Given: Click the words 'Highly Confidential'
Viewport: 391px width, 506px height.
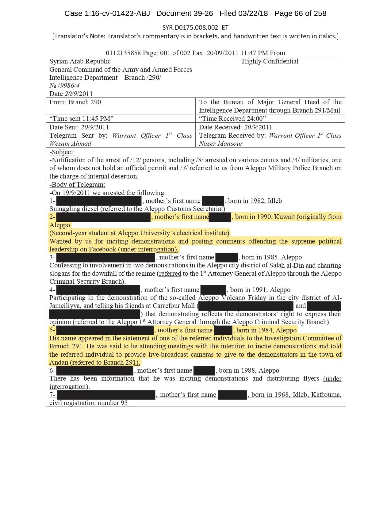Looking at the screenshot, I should (x=270, y=61).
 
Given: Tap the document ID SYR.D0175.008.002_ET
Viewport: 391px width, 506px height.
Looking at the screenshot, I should (x=195, y=28).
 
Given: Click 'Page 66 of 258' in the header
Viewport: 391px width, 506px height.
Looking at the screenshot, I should (x=300, y=13).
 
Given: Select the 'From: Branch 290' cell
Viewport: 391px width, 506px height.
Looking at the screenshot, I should (x=75, y=102).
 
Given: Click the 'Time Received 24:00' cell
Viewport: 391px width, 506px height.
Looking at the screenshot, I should (x=232, y=119).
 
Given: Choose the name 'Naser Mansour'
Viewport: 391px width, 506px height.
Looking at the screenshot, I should (x=221, y=144).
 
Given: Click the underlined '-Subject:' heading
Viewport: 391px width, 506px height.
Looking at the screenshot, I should (x=62, y=152).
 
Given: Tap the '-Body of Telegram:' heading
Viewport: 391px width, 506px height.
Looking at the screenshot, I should (x=77, y=185).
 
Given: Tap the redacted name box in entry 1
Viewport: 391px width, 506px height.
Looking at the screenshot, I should (x=99, y=201).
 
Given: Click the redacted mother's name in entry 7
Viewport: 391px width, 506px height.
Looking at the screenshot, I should (x=232, y=395).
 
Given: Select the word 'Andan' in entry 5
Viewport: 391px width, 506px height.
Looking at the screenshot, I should (x=59, y=362).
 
